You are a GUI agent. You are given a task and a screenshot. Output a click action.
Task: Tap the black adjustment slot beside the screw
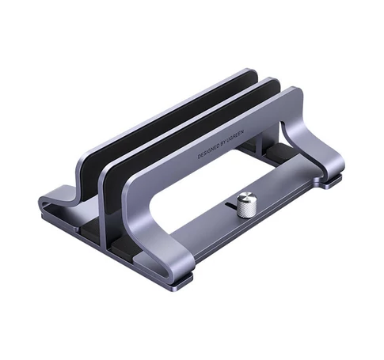pos(231,205)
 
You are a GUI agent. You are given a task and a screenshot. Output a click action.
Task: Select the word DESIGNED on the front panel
pos(207,153)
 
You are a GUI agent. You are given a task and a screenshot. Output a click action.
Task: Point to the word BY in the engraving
pos(222,145)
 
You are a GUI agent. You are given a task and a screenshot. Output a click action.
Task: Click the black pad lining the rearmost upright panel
pos(164,120)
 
